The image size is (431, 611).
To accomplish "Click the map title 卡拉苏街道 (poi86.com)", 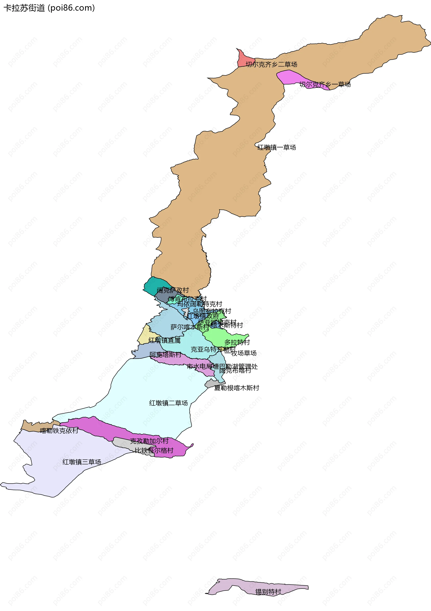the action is tap(49, 8).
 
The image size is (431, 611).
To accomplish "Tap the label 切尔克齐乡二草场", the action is tap(271, 64).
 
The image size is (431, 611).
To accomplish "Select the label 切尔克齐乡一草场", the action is tap(325, 84).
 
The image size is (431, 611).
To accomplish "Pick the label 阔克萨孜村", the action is tap(173, 290).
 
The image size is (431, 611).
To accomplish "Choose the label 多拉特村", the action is tap(237, 342).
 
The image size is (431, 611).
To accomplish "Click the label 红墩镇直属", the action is tap(164, 340).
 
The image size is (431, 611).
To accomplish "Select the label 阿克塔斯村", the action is tap(165, 354).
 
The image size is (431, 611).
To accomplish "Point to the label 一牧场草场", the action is tap(240, 353).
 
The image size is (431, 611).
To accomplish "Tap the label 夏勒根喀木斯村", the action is tap(237, 388).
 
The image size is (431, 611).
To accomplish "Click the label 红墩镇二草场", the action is tap(168, 403).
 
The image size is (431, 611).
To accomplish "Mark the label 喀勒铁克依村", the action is tap(59, 431).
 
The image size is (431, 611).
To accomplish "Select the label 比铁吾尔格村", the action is tap(154, 450).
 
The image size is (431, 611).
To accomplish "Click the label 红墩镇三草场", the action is tap(82, 462).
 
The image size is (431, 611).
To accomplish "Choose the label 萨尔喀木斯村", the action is tap(189, 327).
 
